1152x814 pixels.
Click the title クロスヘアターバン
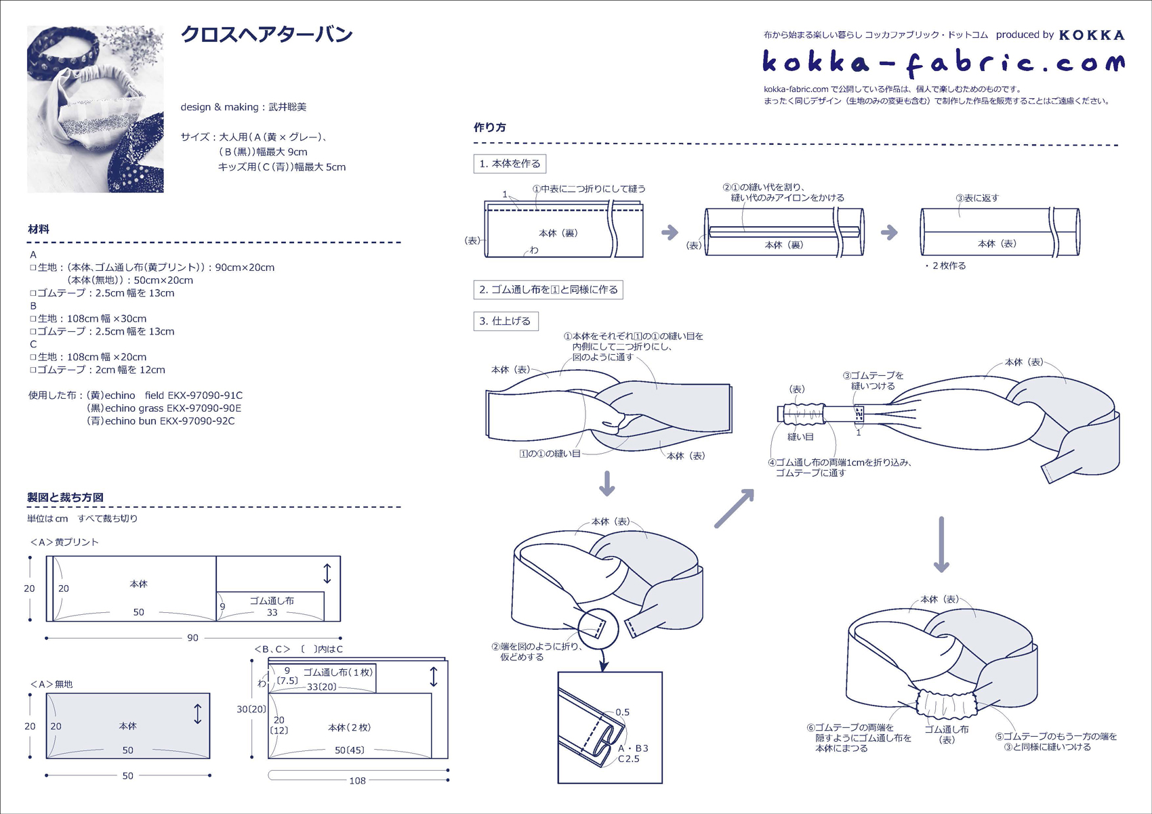pos(266,35)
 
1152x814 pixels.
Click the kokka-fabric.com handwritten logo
pos(943,63)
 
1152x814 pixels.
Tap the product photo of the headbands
pos(96,109)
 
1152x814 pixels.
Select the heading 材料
pos(39,230)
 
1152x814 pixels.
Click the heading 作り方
pos(490,127)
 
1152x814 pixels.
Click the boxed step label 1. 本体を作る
pos(510,164)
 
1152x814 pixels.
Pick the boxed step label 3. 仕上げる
pos(506,321)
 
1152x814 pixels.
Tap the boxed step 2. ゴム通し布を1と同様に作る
pos(548,290)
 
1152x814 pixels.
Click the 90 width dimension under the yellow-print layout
pos(192,638)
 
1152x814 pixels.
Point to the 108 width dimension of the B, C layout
pos(357,781)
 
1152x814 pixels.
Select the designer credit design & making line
pos(243,107)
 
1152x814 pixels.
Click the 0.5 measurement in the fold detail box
pos(623,712)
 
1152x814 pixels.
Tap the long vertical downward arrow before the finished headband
pos(941,544)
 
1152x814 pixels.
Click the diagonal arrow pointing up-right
pos(734,509)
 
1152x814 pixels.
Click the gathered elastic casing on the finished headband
pos(946,704)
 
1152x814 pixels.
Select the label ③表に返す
pos(976,198)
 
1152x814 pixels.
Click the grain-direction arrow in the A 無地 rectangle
pos(197,714)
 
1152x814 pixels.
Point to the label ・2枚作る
pos(945,266)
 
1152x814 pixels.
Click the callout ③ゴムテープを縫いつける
pos(873,381)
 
